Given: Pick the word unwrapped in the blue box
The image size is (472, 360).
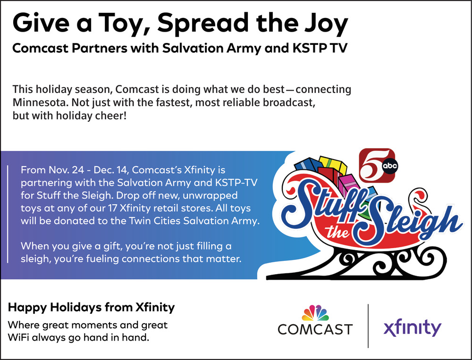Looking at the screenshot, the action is click(x=210, y=196).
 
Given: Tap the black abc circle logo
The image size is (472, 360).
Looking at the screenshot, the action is click(x=390, y=167).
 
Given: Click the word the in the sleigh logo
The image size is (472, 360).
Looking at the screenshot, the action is click(x=337, y=233).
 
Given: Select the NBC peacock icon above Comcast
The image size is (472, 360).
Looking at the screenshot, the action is click(x=315, y=313).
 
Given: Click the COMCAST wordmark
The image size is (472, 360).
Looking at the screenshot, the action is click(x=315, y=329).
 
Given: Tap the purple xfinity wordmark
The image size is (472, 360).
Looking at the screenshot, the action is click(x=412, y=328).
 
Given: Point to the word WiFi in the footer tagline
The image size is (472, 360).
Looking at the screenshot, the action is click(x=18, y=337).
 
